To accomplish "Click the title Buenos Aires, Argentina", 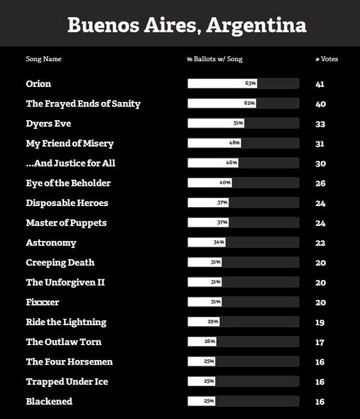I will [x=187, y=25].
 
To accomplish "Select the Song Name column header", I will [x=43, y=59].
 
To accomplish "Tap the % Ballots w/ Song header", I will [x=215, y=59].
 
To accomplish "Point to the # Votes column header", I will [x=326, y=59].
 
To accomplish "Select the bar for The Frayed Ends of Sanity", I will [x=221, y=104].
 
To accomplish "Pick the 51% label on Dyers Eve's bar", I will [x=238, y=123].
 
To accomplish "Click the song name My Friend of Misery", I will [x=70, y=143].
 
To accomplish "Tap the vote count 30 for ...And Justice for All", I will [x=321, y=164].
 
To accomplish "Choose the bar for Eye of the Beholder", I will [x=209, y=183].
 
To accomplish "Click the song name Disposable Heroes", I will [x=67, y=203].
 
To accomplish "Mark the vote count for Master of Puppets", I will [x=321, y=223].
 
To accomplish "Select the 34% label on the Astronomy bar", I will [x=219, y=243].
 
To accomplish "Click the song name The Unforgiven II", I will [x=65, y=282].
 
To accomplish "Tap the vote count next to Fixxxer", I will [x=321, y=302].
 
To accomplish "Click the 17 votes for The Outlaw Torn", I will [x=321, y=342].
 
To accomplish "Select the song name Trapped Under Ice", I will [x=67, y=382].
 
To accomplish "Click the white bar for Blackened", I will [x=201, y=401].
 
